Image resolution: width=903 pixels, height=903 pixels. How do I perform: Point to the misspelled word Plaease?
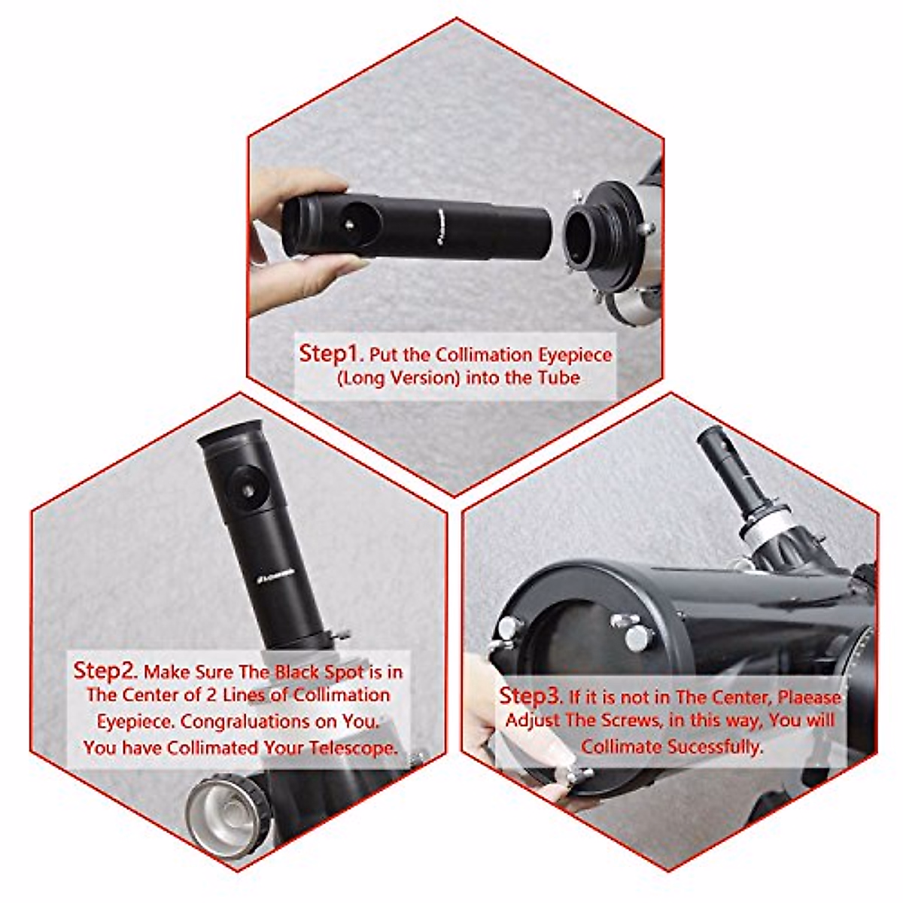[808, 696]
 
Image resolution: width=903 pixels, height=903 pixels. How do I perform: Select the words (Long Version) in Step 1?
[398, 377]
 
